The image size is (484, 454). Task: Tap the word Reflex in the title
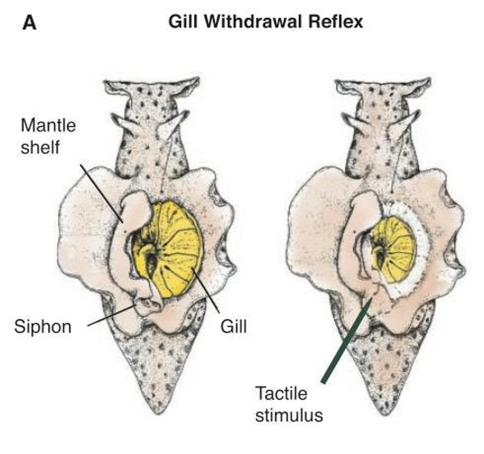336,22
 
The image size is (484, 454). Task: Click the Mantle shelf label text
48,136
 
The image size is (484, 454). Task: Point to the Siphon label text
43,326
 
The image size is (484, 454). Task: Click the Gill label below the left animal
234,326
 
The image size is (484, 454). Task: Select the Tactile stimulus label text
289,404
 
